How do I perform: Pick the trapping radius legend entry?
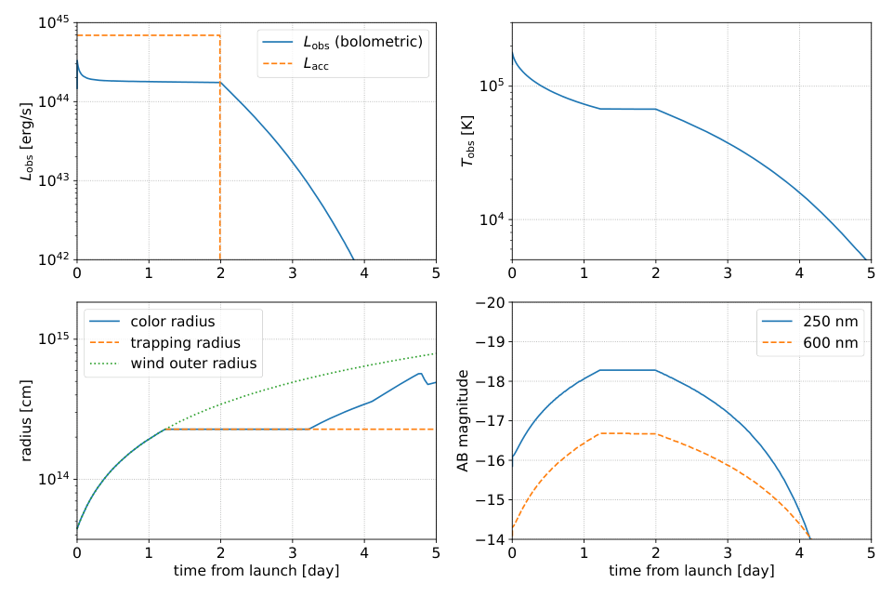185,342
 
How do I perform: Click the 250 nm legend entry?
831,321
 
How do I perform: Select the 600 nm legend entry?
831,342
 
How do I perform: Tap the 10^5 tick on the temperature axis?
491,86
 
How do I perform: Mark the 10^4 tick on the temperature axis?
491,220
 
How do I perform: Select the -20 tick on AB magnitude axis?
490,302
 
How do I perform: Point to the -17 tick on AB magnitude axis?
490,421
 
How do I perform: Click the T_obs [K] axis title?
467,141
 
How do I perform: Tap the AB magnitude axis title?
462,420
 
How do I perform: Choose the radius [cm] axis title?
28,420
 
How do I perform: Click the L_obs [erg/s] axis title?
28,141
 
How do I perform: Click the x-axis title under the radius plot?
256,570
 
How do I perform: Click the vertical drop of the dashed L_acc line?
220,149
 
